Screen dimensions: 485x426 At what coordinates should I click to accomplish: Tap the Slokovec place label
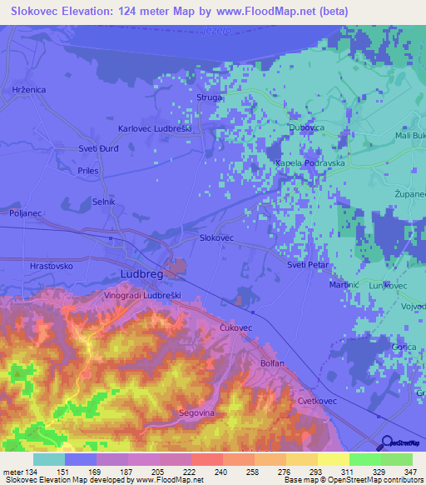click(x=216, y=237)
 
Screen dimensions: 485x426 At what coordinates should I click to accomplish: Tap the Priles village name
click(x=87, y=171)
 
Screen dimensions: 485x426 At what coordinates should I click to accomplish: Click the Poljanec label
click(x=26, y=213)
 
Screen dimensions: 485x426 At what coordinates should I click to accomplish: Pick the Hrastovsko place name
click(x=52, y=266)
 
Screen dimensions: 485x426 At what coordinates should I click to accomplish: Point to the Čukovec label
click(x=235, y=328)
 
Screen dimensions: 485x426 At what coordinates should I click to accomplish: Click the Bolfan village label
click(x=272, y=363)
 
